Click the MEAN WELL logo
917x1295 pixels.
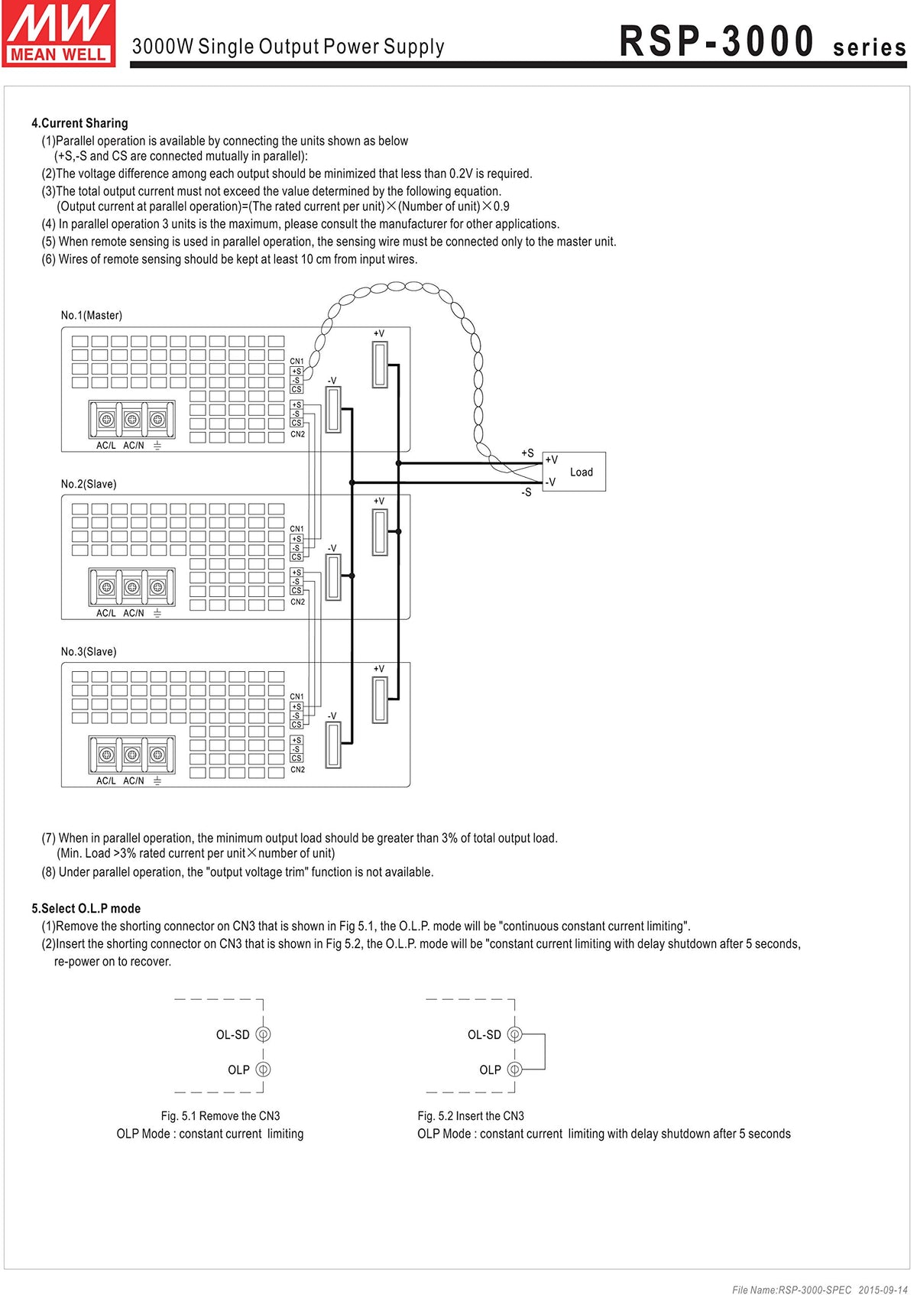(x=59, y=34)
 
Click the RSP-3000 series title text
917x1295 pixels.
(x=762, y=42)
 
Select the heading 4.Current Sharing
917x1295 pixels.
(x=79, y=123)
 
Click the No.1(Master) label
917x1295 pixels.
(x=92, y=315)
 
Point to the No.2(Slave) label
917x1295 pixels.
(x=89, y=484)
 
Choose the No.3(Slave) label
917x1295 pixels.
(x=89, y=651)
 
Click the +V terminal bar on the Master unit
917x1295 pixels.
(x=380, y=365)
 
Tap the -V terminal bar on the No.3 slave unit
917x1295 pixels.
(x=333, y=745)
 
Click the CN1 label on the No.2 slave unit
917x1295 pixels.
(x=296, y=529)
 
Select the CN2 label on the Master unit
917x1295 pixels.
(x=297, y=434)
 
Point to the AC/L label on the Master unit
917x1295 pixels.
(x=106, y=446)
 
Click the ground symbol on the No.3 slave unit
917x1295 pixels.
(x=157, y=781)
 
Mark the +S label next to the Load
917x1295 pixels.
(x=527, y=453)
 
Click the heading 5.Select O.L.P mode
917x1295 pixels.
(x=86, y=908)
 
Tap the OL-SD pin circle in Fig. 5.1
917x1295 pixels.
(x=263, y=1034)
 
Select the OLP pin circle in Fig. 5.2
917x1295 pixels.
(x=514, y=1069)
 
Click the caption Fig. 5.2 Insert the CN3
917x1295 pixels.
(x=471, y=1116)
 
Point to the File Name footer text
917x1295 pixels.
(x=819, y=1290)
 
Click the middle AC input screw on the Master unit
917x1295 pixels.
(x=132, y=419)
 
